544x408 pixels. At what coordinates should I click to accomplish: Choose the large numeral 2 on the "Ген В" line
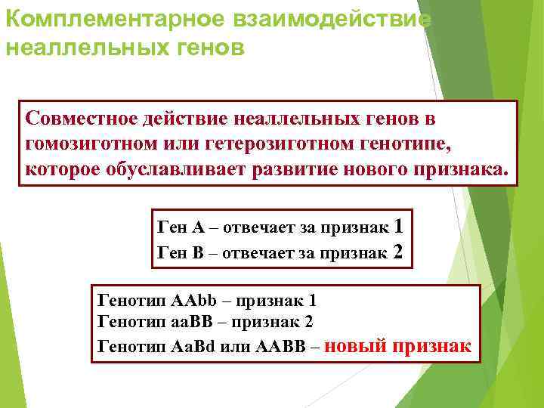399,252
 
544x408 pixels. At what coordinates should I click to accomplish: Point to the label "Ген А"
179,227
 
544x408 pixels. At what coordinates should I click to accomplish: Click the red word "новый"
360,346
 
